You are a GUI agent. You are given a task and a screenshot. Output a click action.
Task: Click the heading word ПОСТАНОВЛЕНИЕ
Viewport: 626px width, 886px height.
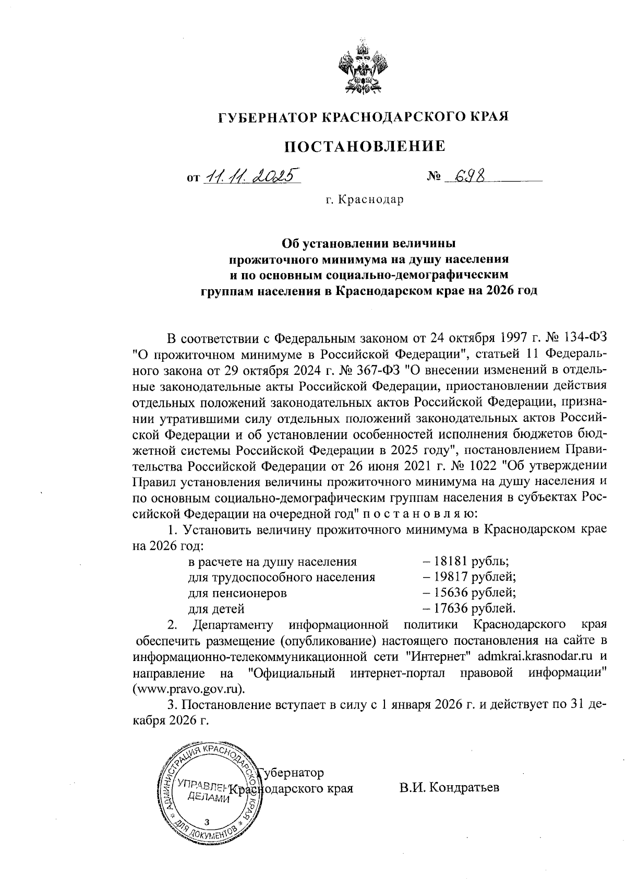(365, 146)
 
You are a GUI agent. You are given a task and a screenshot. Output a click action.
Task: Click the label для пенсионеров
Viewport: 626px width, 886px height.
(237, 593)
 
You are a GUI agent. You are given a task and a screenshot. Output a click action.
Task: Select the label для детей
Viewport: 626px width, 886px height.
(216, 609)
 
